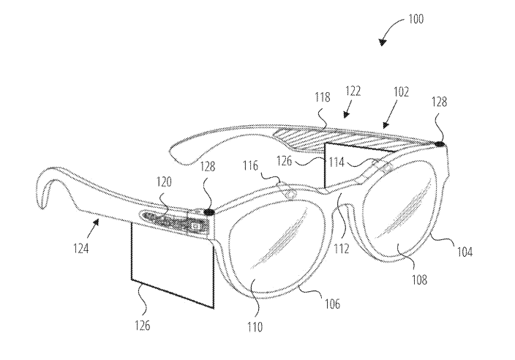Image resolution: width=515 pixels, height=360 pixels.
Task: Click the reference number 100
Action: pos(416,19)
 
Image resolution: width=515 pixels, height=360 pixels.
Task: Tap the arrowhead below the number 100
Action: pos(383,42)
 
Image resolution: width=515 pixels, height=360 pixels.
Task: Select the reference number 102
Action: pos(401,92)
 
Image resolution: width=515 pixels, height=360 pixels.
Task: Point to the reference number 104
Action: pos(465,252)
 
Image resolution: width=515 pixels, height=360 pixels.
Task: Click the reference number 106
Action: pos(332,304)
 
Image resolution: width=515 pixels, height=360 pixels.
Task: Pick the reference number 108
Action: pos(419,280)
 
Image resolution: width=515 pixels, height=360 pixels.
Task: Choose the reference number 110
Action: pos(255,327)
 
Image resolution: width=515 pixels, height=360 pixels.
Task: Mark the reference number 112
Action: pos(341,249)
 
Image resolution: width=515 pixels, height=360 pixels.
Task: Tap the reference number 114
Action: pos(337,162)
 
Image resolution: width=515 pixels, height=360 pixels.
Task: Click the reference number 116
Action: pos(251,165)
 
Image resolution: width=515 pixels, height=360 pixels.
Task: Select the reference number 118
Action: pos(322,97)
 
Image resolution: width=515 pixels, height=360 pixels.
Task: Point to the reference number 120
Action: pos(164,181)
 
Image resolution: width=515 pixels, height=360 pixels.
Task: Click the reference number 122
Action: pos(353,91)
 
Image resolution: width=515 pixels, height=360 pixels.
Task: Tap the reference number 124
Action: pos(80,249)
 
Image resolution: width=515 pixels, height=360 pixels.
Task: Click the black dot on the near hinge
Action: pos(209,212)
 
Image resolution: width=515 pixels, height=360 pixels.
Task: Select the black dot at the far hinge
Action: pos(440,144)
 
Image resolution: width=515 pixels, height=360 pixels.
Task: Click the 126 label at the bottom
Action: pos(142,325)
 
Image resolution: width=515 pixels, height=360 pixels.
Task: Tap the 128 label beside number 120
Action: pos(208,167)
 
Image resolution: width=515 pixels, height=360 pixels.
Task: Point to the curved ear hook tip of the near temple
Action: pos(42,206)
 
